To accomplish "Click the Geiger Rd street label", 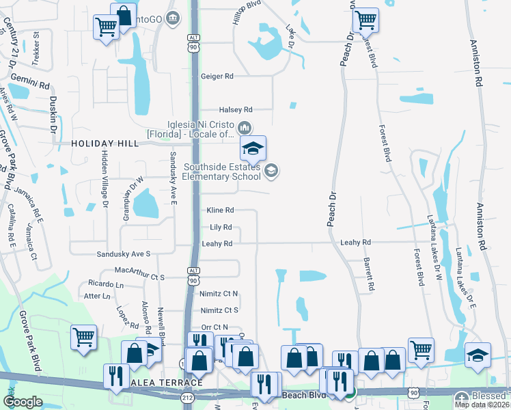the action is (217, 77).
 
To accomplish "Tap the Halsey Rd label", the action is (236, 109).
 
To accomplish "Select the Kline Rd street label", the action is (220, 210).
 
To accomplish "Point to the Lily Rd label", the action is (220, 227).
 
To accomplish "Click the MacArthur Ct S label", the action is (140, 277).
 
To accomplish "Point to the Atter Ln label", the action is (96, 297).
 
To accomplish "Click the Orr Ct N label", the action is (215, 327).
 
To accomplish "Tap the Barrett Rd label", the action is (369, 273).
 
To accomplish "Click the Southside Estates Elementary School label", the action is (221, 172).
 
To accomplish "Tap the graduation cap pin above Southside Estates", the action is (253, 148).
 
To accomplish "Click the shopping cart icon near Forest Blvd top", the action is (365, 20).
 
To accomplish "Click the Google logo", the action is (23, 402).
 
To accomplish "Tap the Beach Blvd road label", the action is (301, 396).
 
